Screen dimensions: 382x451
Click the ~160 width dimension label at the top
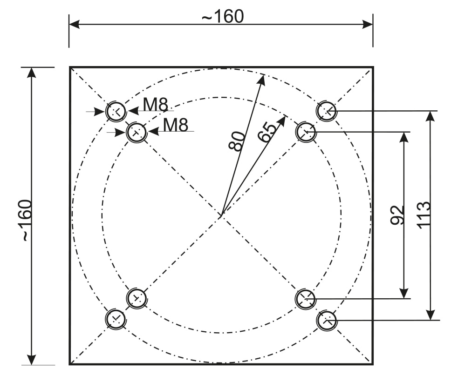(x=222, y=16)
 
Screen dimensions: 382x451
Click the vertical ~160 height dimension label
(x=27, y=220)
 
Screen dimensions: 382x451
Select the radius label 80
(x=236, y=141)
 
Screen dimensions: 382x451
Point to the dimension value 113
(x=424, y=214)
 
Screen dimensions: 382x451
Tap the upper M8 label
(x=155, y=105)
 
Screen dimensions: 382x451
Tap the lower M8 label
(x=176, y=125)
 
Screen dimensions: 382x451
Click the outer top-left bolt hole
(x=116, y=112)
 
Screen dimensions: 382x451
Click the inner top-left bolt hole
(x=137, y=133)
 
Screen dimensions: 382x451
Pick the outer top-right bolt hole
(x=327, y=111)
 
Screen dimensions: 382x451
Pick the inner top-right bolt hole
(x=306, y=132)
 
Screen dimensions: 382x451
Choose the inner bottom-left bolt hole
(x=137, y=298)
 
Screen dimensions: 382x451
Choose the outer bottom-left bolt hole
(x=116, y=319)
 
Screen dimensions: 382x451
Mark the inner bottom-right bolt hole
(x=306, y=299)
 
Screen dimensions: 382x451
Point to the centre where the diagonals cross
(x=222, y=216)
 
